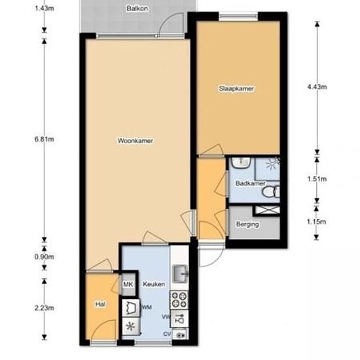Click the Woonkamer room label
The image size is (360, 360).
click(135, 141)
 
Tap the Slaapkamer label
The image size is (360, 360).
click(236, 88)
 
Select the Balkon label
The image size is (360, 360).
click(137, 9)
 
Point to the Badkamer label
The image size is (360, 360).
click(250, 183)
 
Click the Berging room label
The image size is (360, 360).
click(247, 225)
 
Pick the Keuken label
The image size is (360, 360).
click(154, 284)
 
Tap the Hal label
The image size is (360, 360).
click(100, 304)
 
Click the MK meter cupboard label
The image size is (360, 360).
click(128, 285)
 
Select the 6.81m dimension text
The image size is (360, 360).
click(45, 139)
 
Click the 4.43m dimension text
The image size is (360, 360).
click(317, 87)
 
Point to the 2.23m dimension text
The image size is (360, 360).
click(45, 308)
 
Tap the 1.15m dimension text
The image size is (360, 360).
click(316, 222)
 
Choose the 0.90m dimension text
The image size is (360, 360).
click(45, 257)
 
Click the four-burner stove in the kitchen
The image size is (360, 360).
click(179, 300)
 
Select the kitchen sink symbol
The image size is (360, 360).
click(180, 273)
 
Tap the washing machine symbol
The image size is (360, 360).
click(131, 308)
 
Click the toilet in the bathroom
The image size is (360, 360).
click(271, 192)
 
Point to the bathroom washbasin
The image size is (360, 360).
click(241, 162)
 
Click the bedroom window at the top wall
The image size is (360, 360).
click(238, 16)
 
